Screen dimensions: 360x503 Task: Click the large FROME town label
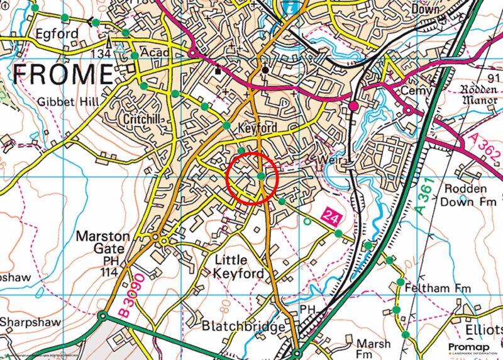tap(63, 74)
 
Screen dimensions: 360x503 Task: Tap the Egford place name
tap(57, 33)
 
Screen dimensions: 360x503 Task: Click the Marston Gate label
tap(102, 243)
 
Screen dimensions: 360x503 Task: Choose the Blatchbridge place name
tap(243, 327)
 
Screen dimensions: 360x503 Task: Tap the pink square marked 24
tap(332, 218)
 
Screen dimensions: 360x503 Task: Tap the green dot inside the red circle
tap(261, 176)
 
